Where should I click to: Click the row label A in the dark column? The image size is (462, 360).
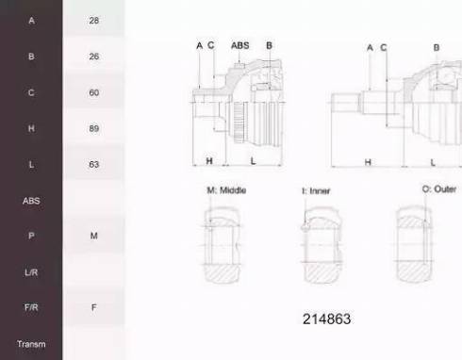click(x=31, y=21)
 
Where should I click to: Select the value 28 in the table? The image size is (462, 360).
click(x=94, y=21)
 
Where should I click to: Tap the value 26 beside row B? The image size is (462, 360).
click(x=94, y=57)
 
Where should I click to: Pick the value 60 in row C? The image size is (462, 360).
click(x=94, y=92)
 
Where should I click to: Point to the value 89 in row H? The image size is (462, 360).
click(x=94, y=128)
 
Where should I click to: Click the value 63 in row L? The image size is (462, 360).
click(x=94, y=164)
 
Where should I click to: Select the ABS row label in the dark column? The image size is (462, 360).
click(x=31, y=201)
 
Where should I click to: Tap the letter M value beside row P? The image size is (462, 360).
click(x=94, y=236)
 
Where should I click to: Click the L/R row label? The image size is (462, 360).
click(x=31, y=272)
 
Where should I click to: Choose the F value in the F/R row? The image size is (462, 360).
click(x=94, y=307)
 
